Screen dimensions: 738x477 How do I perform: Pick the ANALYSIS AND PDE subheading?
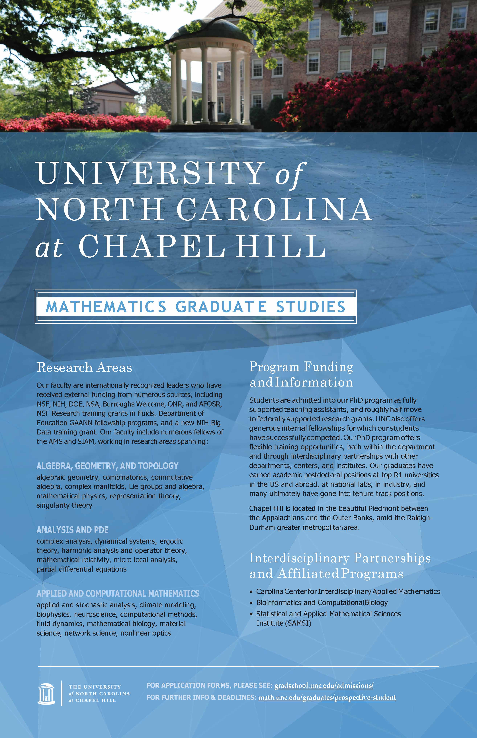tap(72, 530)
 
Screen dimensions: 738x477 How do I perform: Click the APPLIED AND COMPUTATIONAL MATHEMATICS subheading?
tap(118, 593)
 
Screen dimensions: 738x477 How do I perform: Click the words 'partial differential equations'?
tap(81, 569)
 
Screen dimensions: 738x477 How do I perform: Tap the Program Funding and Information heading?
tap(301, 374)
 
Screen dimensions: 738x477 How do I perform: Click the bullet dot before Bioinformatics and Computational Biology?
tap(251, 603)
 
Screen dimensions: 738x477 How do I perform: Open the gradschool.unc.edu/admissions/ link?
tap(324, 685)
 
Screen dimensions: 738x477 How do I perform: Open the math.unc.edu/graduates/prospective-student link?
tap(327, 697)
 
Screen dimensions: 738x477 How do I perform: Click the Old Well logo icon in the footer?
tap(46, 693)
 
